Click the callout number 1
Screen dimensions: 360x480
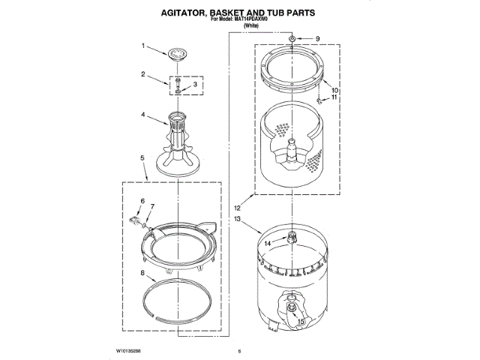pyautogui.click(x=142, y=46)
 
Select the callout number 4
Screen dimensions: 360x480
pyautogui.click(x=142, y=115)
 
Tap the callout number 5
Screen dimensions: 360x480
pyautogui.click(x=142, y=157)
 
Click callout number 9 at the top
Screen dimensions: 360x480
pyautogui.click(x=316, y=38)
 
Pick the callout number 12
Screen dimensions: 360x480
pyautogui.click(x=237, y=207)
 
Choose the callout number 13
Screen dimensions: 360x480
pyautogui.click(x=237, y=219)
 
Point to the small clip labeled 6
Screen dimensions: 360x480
pyautogui.click(x=135, y=220)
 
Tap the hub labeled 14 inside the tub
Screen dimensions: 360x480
pyautogui.click(x=287, y=238)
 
